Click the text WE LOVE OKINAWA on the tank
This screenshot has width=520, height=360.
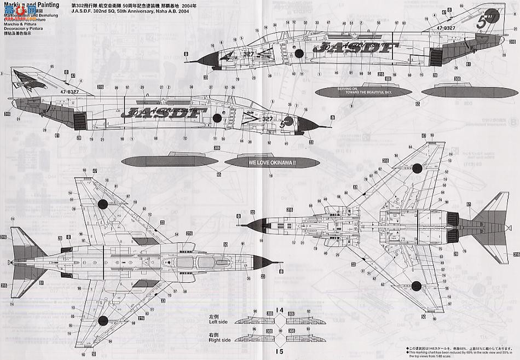click(271, 162)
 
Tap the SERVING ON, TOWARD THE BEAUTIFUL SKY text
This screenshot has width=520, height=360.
click(360, 91)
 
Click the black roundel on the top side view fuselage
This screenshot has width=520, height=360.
click(298, 53)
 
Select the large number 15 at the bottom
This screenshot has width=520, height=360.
click(280, 351)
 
